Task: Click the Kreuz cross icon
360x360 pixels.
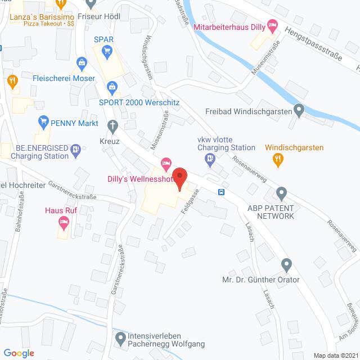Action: click(x=111, y=124)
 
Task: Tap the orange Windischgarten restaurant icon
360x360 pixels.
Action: click(x=277, y=160)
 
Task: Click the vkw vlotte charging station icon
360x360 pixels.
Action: click(x=210, y=160)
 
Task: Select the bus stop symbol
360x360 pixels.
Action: click(x=222, y=192)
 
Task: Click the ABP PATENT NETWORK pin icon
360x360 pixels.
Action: click(x=281, y=195)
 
